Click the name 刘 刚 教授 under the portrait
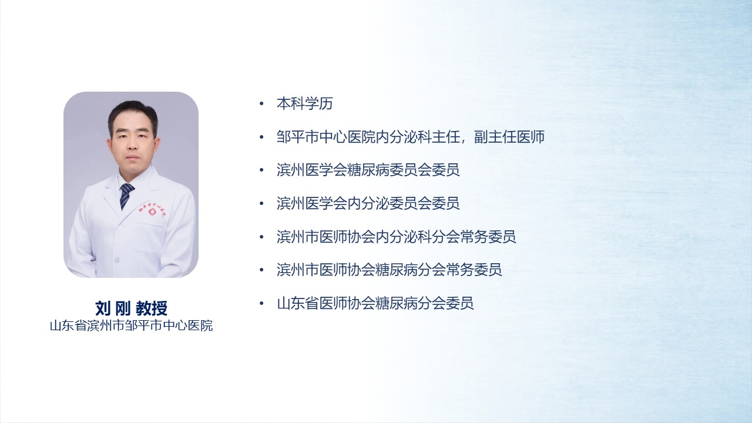point(131,308)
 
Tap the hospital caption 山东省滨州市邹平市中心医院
point(131,325)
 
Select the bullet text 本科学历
point(304,104)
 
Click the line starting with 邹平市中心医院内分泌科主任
point(411,137)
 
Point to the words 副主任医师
point(509,137)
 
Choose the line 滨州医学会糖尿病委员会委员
point(368,170)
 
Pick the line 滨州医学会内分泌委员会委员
point(368,203)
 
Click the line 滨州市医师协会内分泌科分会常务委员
point(396,237)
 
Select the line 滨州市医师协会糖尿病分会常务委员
point(389,270)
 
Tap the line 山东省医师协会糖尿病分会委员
point(375,303)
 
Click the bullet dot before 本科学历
point(262,104)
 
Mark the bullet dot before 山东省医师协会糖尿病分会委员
point(262,304)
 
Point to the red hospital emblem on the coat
point(152,212)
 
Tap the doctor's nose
point(133,146)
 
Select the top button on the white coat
point(119,228)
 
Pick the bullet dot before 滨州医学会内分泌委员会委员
point(262,204)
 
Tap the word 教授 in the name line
point(152,308)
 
